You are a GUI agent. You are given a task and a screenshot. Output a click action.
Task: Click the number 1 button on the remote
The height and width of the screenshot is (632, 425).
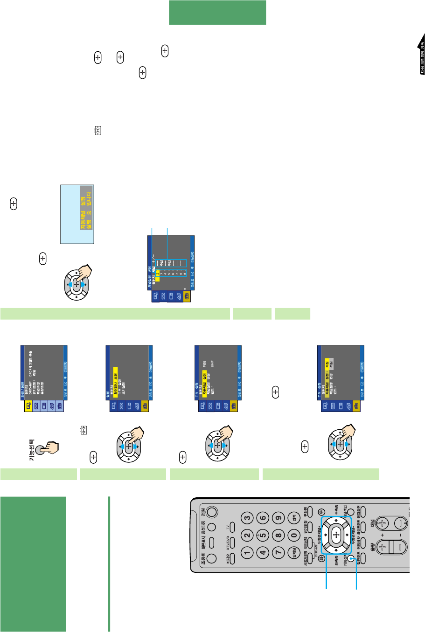point(247,553)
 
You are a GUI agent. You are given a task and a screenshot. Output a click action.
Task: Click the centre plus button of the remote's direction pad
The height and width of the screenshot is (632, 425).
point(335,536)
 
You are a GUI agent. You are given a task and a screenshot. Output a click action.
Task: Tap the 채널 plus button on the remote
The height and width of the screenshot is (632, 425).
point(383,523)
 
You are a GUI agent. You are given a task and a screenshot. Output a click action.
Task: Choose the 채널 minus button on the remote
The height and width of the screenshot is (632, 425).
point(400,523)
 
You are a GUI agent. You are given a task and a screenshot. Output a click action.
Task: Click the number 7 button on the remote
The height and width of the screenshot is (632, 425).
point(279,553)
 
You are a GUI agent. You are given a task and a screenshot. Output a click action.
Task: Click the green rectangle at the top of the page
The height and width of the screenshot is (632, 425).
point(217,13)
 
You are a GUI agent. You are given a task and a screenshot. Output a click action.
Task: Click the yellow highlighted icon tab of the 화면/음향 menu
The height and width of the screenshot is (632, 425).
point(29,405)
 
